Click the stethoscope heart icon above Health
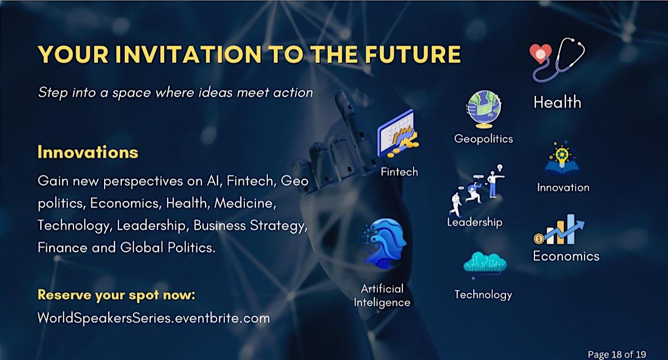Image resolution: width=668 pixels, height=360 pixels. click(x=557, y=60)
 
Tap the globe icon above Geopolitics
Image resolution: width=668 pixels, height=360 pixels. click(x=484, y=109)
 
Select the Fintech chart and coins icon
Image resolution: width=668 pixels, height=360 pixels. click(x=398, y=134)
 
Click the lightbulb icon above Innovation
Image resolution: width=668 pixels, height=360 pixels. click(x=562, y=159)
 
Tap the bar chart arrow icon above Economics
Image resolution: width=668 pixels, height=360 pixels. click(x=559, y=229)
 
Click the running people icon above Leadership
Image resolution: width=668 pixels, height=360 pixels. click(x=477, y=190)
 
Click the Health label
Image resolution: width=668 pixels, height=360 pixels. click(x=557, y=102)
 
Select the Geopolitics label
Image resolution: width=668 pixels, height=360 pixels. click(x=483, y=139)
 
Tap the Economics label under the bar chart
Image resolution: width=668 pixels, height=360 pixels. click(x=566, y=257)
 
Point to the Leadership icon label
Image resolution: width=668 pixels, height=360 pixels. click(x=474, y=223)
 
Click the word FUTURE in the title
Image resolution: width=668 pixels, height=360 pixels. click(x=412, y=54)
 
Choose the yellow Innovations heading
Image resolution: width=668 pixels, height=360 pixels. click(x=88, y=152)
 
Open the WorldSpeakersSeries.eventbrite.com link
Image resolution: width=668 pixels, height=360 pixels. click(x=154, y=318)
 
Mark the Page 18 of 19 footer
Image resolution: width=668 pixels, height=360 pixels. click(x=617, y=354)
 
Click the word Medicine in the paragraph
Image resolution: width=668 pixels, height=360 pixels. click(x=245, y=203)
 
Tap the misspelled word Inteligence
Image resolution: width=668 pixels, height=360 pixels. click(x=382, y=303)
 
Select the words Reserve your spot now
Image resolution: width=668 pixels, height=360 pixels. click(x=116, y=295)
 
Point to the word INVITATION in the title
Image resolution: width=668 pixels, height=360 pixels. click(x=189, y=54)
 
